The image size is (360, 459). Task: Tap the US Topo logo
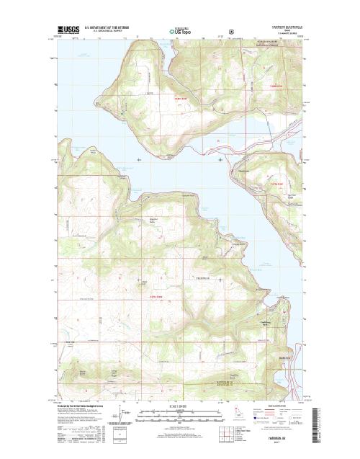(180, 32)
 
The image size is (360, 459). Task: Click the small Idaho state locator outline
(238, 415)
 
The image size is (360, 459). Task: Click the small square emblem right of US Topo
(230, 32)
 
